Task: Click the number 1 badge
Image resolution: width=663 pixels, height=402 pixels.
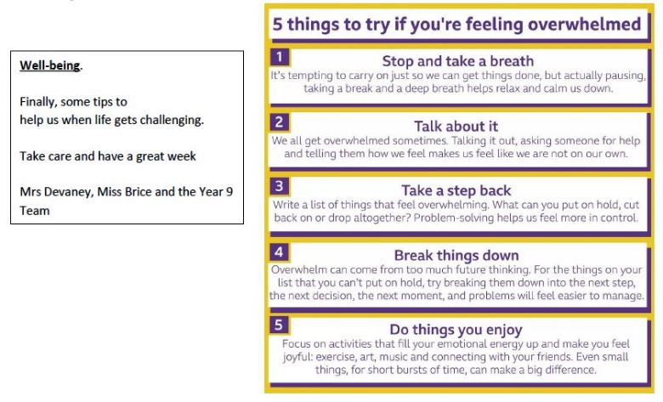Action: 280,57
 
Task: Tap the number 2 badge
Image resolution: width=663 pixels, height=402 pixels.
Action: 280,122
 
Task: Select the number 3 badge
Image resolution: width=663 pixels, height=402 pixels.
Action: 280,186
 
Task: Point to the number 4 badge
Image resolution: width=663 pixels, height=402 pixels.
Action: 280,252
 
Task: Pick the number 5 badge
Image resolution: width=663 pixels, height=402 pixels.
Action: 280,325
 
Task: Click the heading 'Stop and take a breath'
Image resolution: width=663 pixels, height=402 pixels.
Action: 458,61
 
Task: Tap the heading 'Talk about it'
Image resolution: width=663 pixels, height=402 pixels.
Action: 456,127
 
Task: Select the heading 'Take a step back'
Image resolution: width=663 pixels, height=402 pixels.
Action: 456,190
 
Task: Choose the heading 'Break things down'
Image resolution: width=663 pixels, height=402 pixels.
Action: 456,255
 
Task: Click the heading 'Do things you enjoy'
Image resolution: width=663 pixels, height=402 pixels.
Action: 456,329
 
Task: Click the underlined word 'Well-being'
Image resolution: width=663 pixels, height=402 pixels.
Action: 49,65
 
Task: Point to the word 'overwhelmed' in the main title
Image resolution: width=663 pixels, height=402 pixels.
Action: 585,24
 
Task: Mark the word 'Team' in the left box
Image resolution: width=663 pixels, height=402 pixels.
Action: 35,211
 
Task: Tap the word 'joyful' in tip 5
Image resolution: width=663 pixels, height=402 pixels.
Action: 297,357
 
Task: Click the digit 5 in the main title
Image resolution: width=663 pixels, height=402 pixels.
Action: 277,24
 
